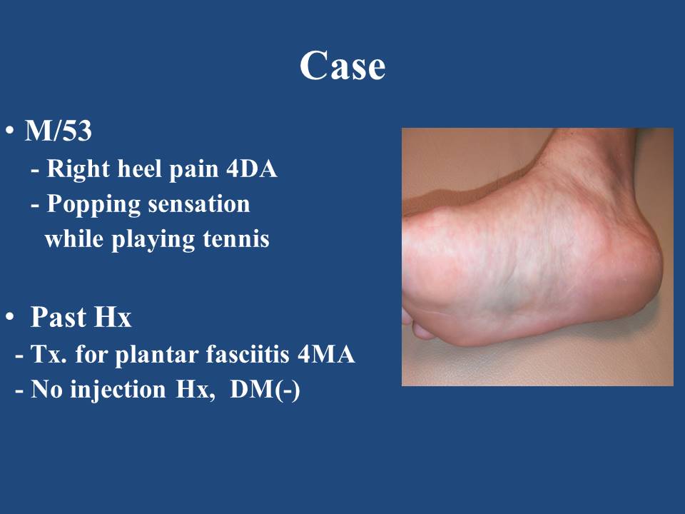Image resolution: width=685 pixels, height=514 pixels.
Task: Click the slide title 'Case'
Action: [x=342, y=66]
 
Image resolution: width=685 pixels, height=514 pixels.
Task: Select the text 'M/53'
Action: [x=58, y=130]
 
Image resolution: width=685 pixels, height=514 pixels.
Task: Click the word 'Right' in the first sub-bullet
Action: [x=78, y=170]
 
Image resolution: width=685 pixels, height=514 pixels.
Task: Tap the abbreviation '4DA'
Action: [x=251, y=168]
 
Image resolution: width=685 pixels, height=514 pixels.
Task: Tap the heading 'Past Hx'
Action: [x=81, y=316]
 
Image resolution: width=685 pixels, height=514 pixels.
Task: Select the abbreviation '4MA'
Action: [x=326, y=354]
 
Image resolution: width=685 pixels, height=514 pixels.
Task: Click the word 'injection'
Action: [x=118, y=390]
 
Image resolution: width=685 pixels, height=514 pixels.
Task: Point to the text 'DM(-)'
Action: [x=265, y=389]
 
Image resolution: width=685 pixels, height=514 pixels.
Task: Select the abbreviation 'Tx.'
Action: [x=49, y=354]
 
